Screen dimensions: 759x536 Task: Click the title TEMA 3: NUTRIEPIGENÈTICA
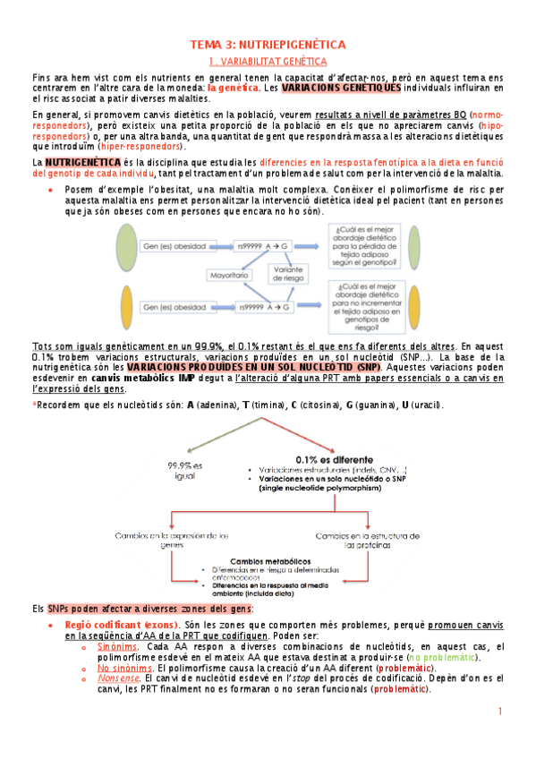pos(268,45)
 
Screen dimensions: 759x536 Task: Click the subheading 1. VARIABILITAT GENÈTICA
pos(268,61)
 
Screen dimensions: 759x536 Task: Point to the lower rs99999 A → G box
pos(264,308)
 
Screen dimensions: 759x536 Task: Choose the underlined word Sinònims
pos(118,646)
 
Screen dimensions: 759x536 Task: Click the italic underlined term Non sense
pos(117,679)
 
